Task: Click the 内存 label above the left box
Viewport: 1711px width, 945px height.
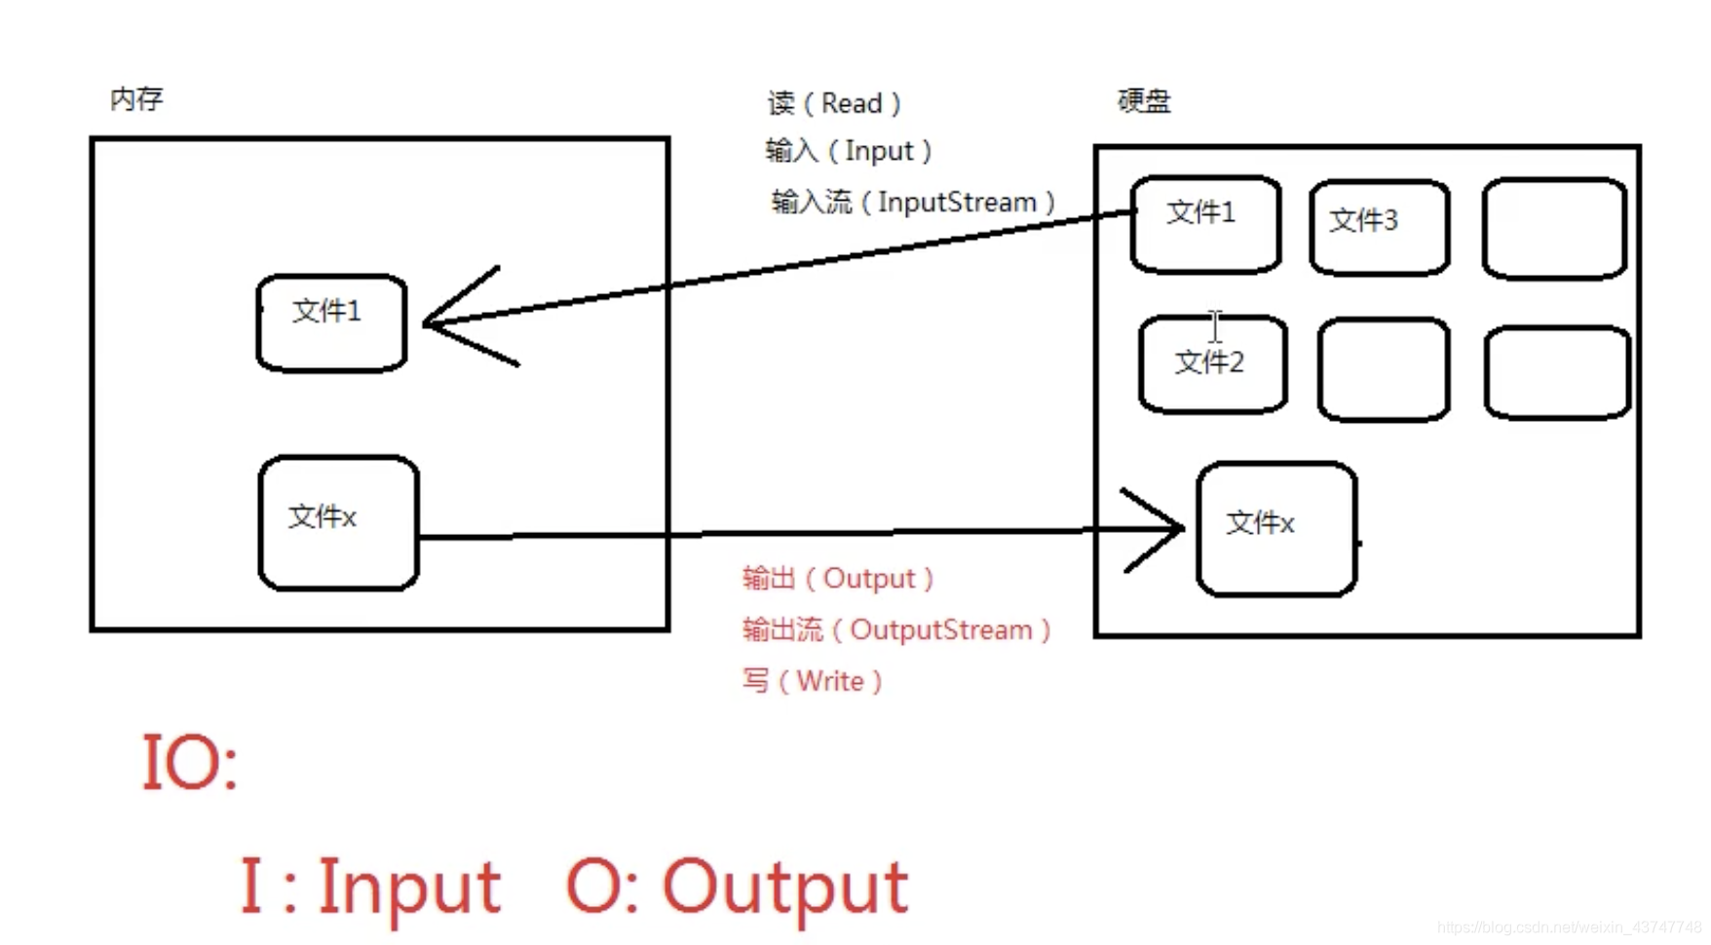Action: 136,98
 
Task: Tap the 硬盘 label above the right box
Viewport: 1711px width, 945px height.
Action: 1144,101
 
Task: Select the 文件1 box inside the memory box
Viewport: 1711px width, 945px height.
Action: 331,322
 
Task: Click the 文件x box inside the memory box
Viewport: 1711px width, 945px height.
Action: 338,523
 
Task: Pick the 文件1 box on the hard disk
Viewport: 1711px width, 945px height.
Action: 1205,223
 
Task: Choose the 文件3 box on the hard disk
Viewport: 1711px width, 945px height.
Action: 1379,227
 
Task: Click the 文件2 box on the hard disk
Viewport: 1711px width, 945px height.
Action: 1212,363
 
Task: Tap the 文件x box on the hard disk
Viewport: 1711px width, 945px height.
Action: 1276,529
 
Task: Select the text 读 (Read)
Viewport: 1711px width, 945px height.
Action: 834,103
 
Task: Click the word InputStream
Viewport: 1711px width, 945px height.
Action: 957,203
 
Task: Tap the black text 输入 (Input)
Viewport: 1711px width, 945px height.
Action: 848,151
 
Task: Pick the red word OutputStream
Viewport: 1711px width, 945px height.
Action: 940,630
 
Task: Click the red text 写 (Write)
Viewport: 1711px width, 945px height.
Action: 812,681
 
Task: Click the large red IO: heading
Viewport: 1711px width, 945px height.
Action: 190,762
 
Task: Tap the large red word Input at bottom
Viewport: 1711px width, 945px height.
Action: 409,887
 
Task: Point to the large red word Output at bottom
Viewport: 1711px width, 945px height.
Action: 784,887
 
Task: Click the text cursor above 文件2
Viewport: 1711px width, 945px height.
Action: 1215,325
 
